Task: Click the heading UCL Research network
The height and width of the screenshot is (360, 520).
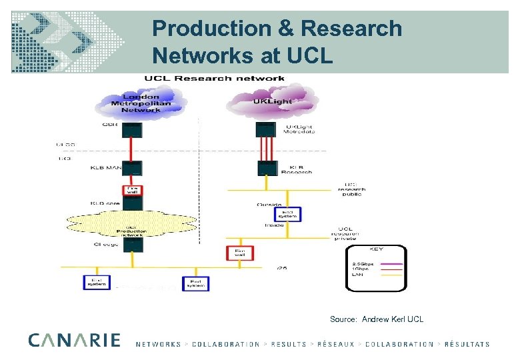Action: tap(210, 78)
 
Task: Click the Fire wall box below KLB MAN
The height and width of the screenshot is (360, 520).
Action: tap(132, 191)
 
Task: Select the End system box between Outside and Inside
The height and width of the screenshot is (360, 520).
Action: tap(289, 213)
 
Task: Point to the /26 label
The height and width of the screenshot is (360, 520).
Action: tap(281, 269)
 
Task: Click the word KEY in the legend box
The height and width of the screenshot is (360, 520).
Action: tap(375, 249)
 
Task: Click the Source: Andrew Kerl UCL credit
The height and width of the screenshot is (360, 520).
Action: tap(377, 319)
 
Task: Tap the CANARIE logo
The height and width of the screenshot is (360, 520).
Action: tap(75, 341)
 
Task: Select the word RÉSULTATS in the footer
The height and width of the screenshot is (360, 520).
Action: tap(466, 345)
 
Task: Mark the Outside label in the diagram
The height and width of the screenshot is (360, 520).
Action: tap(270, 204)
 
